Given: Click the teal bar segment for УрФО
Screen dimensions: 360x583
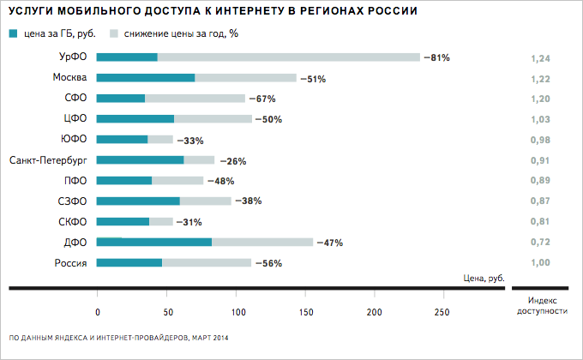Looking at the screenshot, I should pyautogui.click(x=127, y=57).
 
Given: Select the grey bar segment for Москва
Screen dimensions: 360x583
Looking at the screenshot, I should pyautogui.click(x=245, y=78).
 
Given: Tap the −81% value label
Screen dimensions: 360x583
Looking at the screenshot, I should pyautogui.click(x=436, y=57).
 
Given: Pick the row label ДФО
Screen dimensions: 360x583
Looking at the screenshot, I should pyautogui.click(x=76, y=243).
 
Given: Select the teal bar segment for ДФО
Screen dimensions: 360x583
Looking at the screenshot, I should pyautogui.click(x=154, y=243).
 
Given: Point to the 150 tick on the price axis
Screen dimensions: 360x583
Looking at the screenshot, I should pyautogui.click(x=304, y=312).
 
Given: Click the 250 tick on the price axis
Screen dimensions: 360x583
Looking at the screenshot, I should pyautogui.click(x=442, y=312).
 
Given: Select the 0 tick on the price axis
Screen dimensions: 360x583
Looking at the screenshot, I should pyautogui.click(x=98, y=312).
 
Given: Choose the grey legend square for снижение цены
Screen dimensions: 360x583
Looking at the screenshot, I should pyautogui.click(x=114, y=34).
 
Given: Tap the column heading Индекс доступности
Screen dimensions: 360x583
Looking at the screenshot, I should pyautogui.click(x=547, y=305).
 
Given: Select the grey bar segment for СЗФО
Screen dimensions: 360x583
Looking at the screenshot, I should pyautogui.click(x=206, y=201).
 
